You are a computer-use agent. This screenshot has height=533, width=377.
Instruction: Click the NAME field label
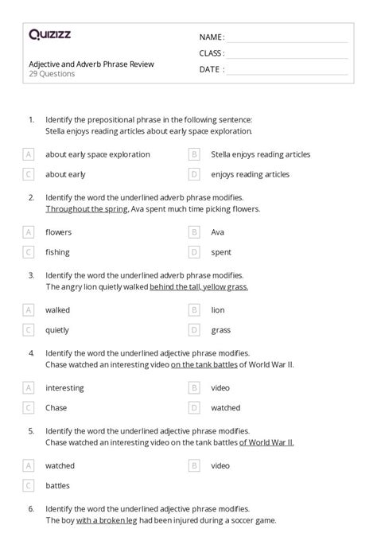(x=212, y=37)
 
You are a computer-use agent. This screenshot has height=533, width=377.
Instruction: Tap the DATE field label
(x=211, y=69)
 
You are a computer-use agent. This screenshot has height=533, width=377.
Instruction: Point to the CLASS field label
(x=212, y=53)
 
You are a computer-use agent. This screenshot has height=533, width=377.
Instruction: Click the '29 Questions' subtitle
(x=51, y=74)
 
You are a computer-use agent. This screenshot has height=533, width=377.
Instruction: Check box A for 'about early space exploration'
(x=29, y=154)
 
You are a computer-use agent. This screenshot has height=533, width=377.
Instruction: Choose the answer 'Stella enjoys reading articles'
(x=260, y=154)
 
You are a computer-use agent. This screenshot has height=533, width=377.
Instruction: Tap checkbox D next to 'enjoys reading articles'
(x=193, y=174)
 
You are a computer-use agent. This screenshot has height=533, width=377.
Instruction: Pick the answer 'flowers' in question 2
(x=58, y=232)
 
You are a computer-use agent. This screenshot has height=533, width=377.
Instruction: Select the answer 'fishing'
(x=57, y=252)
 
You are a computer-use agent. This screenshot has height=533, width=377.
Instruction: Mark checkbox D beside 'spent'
(x=193, y=252)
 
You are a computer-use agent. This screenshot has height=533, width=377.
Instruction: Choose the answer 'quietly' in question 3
(x=58, y=329)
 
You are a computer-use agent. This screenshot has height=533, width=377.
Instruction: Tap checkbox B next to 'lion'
(x=193, y=310)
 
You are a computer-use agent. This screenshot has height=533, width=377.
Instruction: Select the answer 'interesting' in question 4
(x=64, y=387)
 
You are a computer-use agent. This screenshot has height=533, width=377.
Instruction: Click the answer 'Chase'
(x=56, y=407)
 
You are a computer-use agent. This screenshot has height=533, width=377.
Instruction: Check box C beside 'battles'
(x=29, y=484)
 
